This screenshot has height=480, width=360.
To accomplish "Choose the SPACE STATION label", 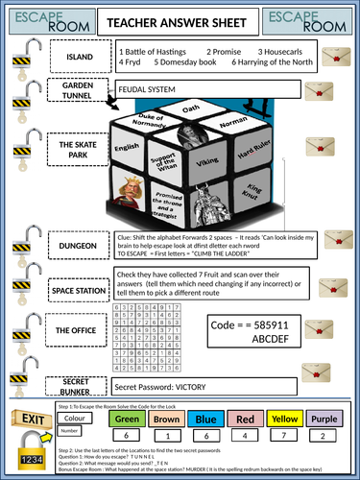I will point(77,288).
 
